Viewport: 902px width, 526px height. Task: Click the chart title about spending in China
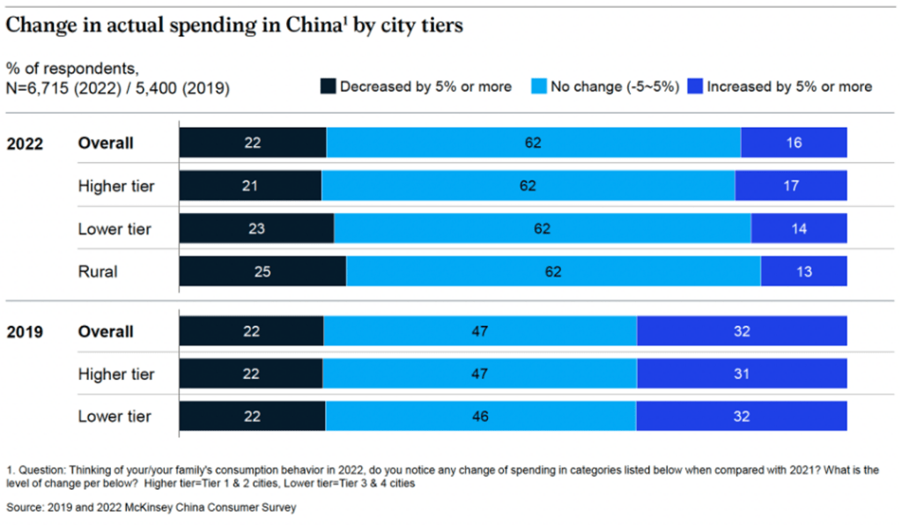click(234, 26)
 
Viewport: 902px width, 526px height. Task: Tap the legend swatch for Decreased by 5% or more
click(327, 86)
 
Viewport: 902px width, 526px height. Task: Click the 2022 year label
click(26, 144)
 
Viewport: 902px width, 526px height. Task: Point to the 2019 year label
click(26, 332)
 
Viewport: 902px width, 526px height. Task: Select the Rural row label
click(98, 271)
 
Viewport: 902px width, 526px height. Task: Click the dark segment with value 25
click(262, 271)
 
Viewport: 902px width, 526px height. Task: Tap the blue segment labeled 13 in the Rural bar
click(803, 271)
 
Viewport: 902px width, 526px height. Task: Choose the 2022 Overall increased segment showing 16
click(794, 143)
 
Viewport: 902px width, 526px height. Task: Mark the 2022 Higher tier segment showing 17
click(791, 186)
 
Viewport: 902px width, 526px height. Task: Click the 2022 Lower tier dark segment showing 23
click(256, 229)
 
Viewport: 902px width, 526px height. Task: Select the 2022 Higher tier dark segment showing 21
click(250, 186)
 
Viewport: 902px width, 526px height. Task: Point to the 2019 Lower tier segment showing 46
click(480, 417)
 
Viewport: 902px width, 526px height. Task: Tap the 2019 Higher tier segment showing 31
click(742, 374)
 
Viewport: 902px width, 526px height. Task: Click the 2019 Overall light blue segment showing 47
click(480, 332)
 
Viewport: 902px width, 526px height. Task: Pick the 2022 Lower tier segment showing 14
click(799, 229)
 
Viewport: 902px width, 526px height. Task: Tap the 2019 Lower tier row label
click(115, 417)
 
